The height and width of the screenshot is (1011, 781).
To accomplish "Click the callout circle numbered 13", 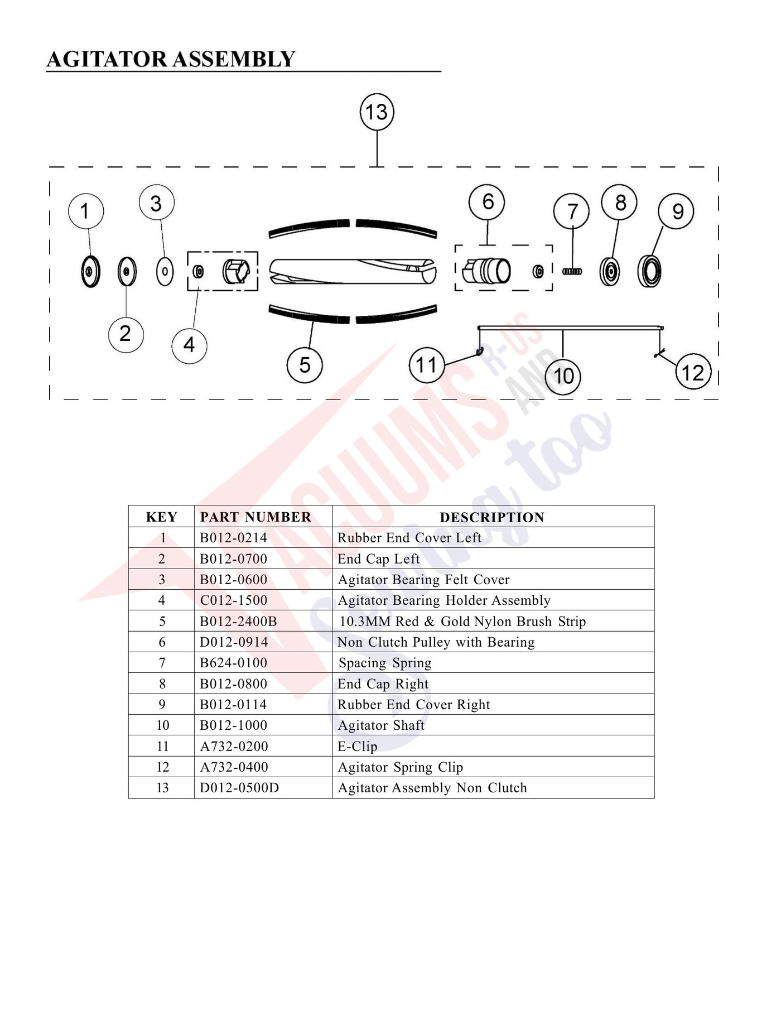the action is click(x=377, y=112).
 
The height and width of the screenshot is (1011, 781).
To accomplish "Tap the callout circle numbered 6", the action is click(x=487, y=202).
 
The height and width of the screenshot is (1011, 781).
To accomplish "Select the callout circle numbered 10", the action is click(x=563, y=377).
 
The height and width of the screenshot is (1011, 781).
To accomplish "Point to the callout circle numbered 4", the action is click(x=189, y=345).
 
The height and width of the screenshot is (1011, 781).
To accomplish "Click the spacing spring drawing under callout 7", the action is click(x=572, y=272).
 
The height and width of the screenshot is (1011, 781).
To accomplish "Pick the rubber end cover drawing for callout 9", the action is click(x=649, y=271).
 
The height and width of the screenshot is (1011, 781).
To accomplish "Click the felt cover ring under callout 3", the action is click(x=165, y=272).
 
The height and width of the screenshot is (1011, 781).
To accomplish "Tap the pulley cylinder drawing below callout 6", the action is click(x=486, y=272).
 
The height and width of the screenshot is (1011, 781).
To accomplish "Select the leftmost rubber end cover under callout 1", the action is click(x=90, y=272).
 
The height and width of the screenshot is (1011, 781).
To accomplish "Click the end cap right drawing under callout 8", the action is click(x=609, y=272).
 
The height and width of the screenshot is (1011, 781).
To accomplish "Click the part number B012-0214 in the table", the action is click(x=233, y=538).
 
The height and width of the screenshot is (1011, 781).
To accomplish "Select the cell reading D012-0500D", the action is click(x=239, y=788).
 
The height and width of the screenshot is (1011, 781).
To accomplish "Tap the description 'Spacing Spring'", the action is click(x=385, y=663).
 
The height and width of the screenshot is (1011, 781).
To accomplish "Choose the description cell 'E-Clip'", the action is click(x=358, y=747).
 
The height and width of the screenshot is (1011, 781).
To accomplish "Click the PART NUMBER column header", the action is click(x=255, y=517).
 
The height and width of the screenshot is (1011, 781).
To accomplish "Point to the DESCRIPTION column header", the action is click(x=492, y=517).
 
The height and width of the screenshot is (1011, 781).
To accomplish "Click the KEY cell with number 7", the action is click(x=162, y=663).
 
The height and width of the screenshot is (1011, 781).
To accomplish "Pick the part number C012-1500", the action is click(x=234, y=600).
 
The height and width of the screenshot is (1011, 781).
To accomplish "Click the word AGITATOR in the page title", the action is click(x=107, y=59).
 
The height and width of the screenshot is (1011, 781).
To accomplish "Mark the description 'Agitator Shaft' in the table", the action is click(x=381, y=725).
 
